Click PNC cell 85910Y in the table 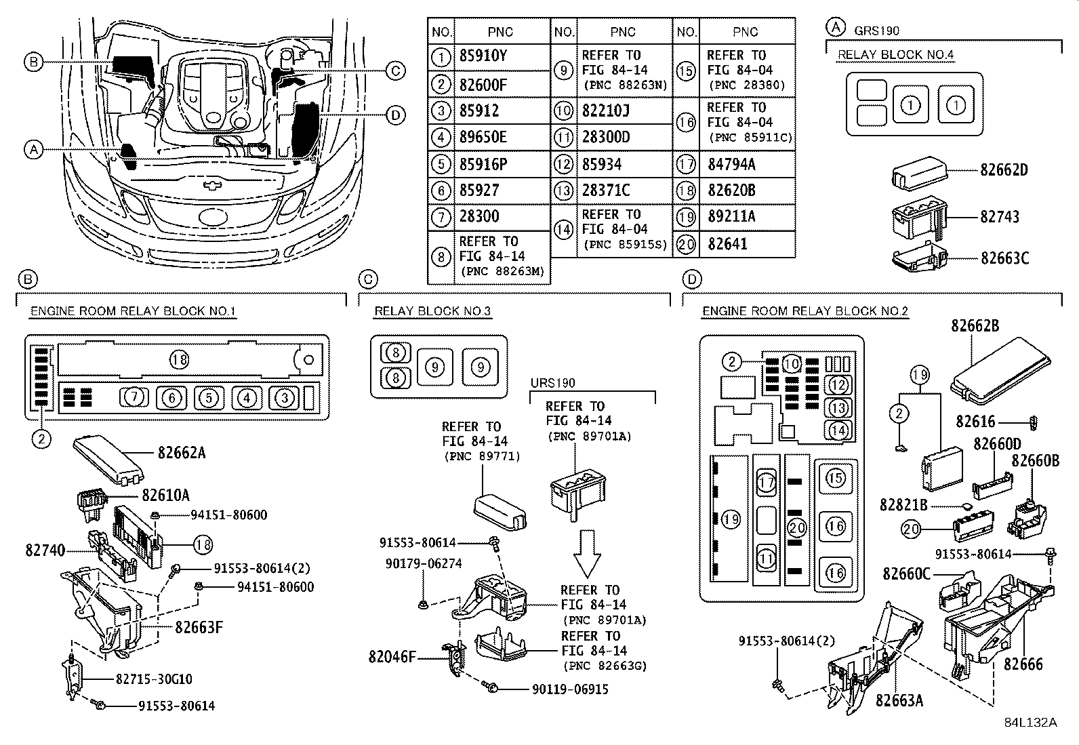tap(483, 56)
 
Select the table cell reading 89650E tap(483, 138)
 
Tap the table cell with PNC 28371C tap(606, 190)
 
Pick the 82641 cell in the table tap(727, 244)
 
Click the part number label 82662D tap(1004, 169)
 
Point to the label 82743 tap(1000, 217)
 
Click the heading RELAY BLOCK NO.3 tap(432, 311)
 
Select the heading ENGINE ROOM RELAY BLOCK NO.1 tap(133, 311)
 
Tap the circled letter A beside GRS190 tap(836, 28)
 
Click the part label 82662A tap(182, 453)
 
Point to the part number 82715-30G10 tap(154, 679)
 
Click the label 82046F tap(392, 656)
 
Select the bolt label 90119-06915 tap(570, 689)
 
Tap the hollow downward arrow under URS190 tap(587, 554)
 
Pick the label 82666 tap(1023, 664)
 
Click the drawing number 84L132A tap(1030, 723)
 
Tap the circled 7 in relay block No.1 tap(134, 397)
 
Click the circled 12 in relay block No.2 tap(838, 385)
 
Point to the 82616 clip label tap(975, 422)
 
